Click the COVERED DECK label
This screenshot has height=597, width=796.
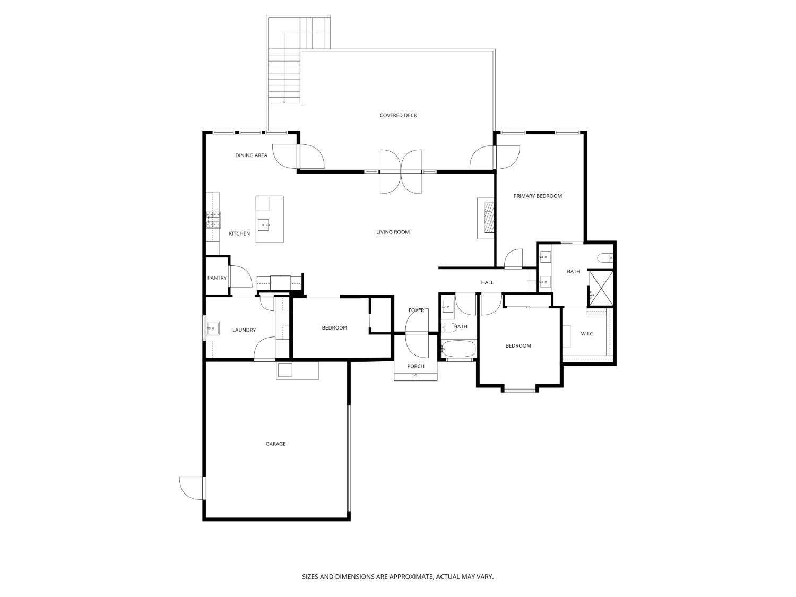coord(398,115)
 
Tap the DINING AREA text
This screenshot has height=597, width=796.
coord(251,155)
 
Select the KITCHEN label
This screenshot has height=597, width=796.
coord(239,233)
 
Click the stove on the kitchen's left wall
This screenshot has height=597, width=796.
coord(213,219)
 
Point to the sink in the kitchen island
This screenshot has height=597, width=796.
coord(264,225)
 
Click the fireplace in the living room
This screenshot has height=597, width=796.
coord(487,218)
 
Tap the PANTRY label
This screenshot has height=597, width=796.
coord(217,278)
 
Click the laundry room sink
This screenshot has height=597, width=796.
coord(212,328)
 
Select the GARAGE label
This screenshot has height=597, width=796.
coord(275,444)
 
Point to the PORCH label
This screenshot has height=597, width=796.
coord(416,366)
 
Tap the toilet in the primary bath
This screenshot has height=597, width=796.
coord(605,258)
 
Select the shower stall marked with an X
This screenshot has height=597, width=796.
coord(601,288)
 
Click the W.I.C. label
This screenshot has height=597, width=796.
coord(587,334)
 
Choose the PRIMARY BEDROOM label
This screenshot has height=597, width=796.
coord(537,196)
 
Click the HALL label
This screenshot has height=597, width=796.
coord(487,282)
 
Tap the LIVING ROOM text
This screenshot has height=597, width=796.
coord(393,232)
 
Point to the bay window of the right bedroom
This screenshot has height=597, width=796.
coord(520,391)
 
